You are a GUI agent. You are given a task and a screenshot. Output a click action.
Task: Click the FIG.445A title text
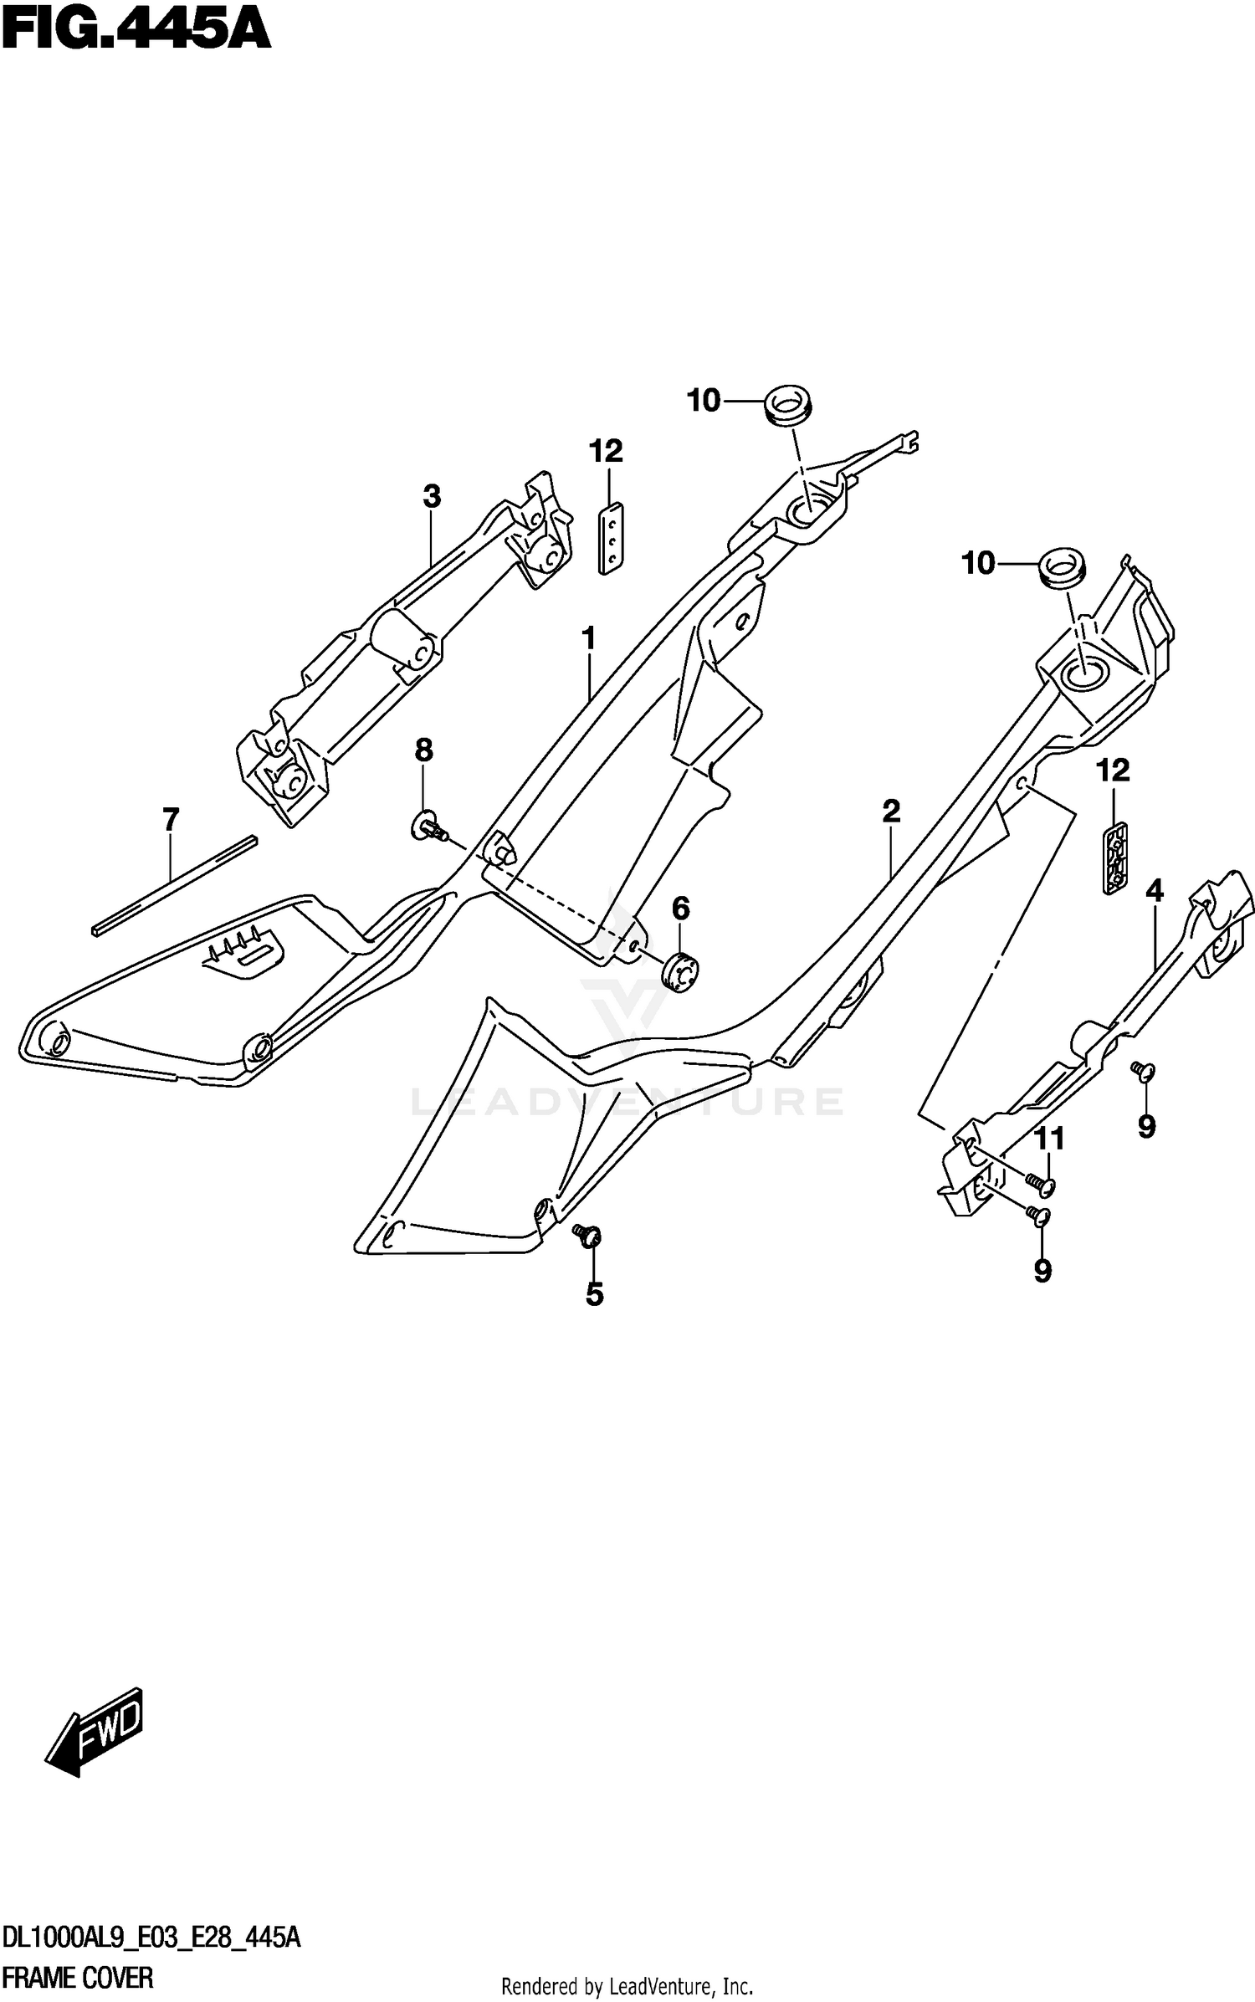pos(136,31)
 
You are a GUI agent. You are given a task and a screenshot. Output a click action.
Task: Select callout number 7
pos(171,820)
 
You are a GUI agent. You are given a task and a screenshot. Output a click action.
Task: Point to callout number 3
pos(431,497)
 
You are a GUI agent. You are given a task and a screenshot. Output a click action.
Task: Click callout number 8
pos(424,750)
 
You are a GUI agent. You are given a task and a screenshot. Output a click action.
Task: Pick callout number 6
pos(681,908)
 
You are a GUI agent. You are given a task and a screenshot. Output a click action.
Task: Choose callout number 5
pos(594,1294)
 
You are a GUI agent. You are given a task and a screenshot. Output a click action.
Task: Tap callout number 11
pos(1050,1139)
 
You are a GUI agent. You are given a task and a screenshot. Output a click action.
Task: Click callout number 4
pos(1155,891)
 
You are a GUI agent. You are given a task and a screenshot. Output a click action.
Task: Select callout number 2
pos(891,811)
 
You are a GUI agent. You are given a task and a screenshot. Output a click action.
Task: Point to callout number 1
pos(589,639)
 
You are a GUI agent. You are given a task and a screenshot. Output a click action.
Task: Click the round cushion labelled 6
pos(680,972)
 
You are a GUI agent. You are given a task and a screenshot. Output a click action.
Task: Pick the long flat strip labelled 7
pos(174,885)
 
